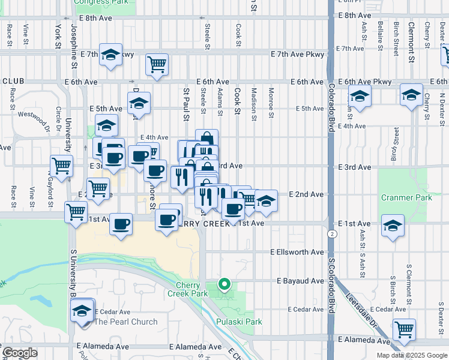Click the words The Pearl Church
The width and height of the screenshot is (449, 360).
(x=126, y=322)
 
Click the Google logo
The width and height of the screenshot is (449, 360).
(x=20, y=353)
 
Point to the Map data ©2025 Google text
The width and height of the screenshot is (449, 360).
(x=412, y=355)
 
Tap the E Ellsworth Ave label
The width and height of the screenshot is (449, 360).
(x=297, y=252)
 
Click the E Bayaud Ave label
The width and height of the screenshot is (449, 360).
(x=300, y=281)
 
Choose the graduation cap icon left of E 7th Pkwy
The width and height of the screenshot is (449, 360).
(x=110, y=55)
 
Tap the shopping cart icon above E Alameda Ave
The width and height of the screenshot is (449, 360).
(x=404, y=329)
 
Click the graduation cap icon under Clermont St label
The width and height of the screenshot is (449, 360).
(x=411, y=95)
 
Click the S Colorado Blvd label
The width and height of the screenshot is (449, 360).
(x=331, y=286)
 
